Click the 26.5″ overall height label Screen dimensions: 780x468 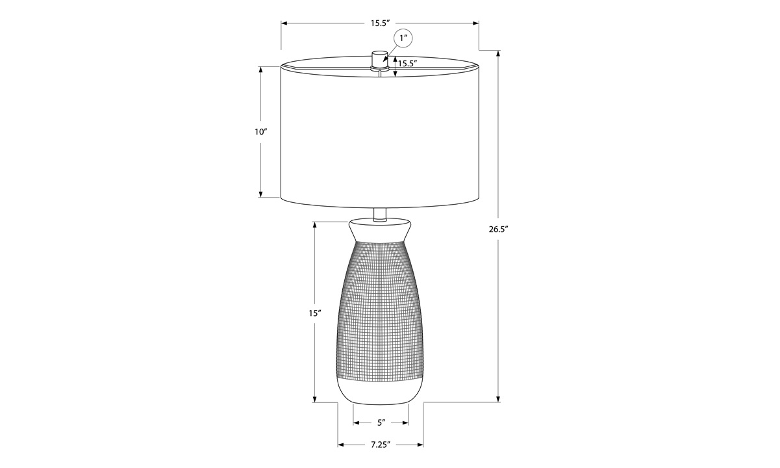click(499, 229)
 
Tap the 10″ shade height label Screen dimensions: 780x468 click(260, 132)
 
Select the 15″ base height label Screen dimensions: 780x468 click(314, 313)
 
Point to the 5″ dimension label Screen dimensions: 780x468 click(381, 422)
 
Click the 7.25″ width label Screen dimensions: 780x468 click(380, 445)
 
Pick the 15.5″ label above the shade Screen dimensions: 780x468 click(379, 23)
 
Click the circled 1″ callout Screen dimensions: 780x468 click(403, 38)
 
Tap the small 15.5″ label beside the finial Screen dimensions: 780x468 click(408, 64)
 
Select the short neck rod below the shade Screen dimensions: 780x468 click(379, 214)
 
